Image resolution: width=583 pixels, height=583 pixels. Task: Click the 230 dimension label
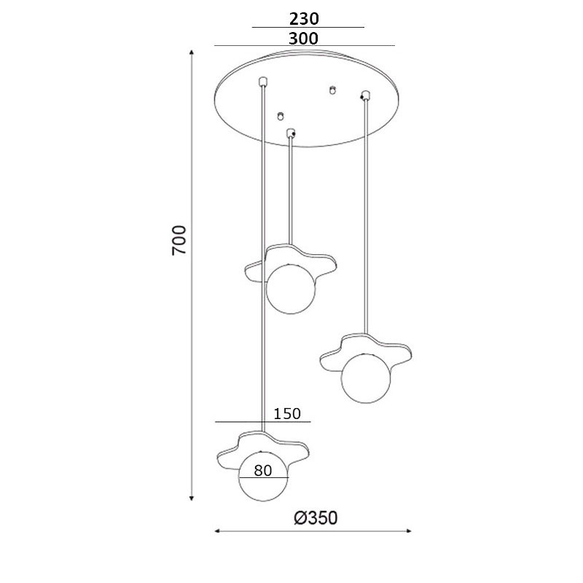[304, 19]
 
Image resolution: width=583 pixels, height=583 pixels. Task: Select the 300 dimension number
[303, 39]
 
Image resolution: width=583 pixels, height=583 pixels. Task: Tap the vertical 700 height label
[179, 240]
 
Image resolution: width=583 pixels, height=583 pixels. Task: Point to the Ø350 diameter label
[316, 518]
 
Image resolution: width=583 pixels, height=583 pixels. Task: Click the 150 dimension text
[287, 413]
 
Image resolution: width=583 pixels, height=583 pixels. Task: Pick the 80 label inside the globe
[263, 471]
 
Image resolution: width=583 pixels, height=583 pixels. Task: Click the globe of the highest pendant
[291, 289]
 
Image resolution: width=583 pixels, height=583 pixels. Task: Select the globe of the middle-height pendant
[366, 377]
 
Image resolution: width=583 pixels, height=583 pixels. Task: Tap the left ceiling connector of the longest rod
[263, 81]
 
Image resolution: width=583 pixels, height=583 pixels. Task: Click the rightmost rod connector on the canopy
[366, 95]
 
